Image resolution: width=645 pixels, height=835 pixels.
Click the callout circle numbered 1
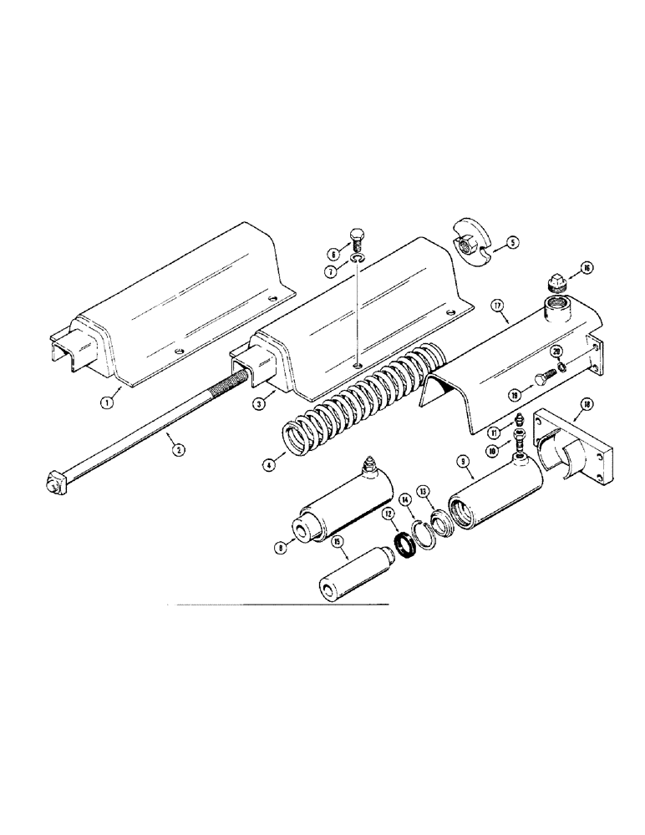(106, 401)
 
